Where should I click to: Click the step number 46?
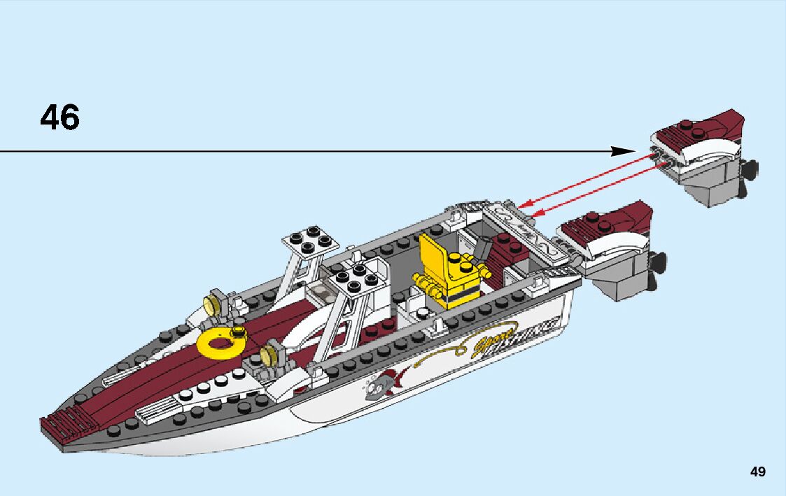tap(60, 118)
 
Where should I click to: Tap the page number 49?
tap(757, 472)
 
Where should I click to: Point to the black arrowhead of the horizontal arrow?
tap(622, 151)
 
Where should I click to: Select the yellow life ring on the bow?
tap(220, 341)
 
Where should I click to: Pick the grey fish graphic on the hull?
tap(383, 383)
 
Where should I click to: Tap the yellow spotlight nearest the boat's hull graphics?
tap(269, 355)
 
